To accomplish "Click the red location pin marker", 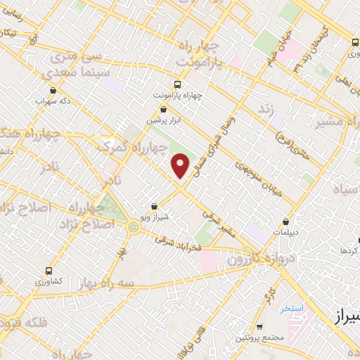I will [181, 165].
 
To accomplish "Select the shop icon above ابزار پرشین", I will [163, 109].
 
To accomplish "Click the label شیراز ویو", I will [155, 217].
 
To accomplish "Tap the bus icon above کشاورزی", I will [49, 270].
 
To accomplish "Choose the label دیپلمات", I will [285, 231].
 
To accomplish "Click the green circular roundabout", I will [133, 226].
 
